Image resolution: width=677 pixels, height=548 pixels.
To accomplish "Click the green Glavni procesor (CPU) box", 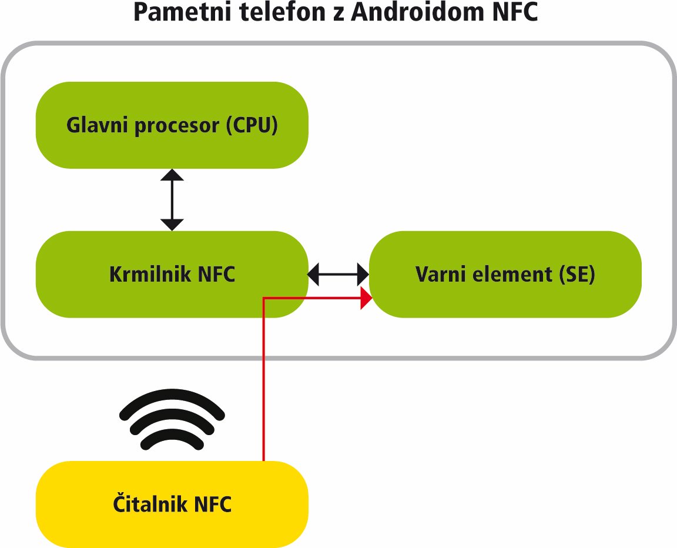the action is (172, 125).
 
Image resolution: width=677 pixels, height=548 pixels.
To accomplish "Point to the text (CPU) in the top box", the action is (252, 125).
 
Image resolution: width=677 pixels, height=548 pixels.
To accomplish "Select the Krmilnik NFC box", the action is (172, 274).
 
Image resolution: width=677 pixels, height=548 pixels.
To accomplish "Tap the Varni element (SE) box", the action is (505, 274).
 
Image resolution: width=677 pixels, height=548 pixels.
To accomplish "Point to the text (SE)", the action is (577, 274).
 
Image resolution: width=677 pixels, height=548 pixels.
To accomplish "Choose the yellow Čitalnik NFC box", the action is (172, 504).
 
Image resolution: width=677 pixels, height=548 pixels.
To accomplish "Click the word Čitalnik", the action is (150, 503).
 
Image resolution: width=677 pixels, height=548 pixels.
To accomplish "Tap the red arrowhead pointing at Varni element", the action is (366, 298).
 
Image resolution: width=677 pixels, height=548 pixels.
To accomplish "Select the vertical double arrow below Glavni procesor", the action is (172, 199).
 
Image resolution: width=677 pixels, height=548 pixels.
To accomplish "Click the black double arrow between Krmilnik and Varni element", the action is (338, 274).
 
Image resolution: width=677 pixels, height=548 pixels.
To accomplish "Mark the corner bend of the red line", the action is (264, 298).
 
